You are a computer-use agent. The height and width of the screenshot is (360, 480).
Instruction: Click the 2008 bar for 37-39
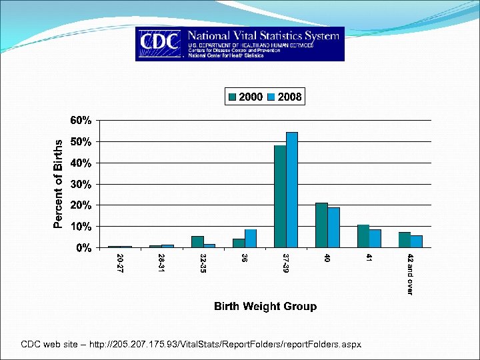(x=292, y=190)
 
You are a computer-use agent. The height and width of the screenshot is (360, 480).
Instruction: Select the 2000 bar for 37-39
(x=280, y=197)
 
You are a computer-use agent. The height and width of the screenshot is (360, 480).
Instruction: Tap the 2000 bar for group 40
(x=321, y=225)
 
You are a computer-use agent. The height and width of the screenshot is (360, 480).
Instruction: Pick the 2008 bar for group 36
(x=251, y=239)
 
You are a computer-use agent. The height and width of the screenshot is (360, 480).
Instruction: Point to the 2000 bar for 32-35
(x=197, y=242)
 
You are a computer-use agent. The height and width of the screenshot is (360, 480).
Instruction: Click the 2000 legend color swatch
(x=232, y=97)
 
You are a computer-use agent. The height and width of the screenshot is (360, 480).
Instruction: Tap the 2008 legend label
(x=289, y=97)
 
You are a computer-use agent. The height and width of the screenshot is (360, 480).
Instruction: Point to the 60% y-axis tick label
(x=81, y=121)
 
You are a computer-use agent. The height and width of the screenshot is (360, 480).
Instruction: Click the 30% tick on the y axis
(x=81, y=184)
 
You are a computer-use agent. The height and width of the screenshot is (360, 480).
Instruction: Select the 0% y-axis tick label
(x=83, y=248)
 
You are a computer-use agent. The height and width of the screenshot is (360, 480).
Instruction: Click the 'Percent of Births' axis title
(x=59, y=183)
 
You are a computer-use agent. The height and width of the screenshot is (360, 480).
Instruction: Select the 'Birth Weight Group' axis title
(x=265, y=307)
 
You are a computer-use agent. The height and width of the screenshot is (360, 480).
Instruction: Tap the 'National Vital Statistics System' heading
(x=263, y=35)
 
